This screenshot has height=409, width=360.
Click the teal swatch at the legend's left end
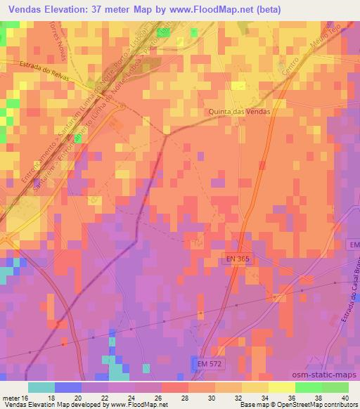coord(41,387)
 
